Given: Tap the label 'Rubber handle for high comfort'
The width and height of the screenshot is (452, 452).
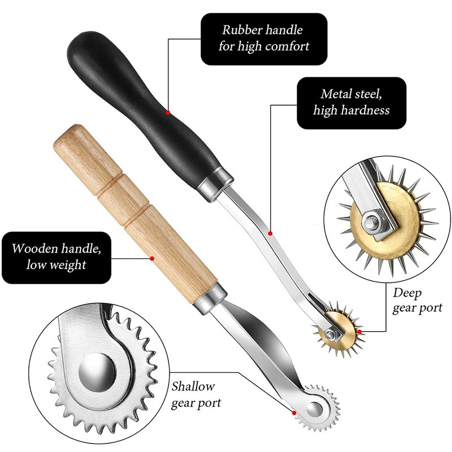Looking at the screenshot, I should click(x=264, y=38).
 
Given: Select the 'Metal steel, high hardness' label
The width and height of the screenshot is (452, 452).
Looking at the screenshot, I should click(x=351, y=102).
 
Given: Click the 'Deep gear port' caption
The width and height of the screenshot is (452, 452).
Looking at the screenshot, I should click(x=417, y=301).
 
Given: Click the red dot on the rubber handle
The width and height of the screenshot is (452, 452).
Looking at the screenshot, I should click(x=168, y=112).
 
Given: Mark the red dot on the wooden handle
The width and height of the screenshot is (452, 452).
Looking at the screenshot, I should click(x=152, y=259).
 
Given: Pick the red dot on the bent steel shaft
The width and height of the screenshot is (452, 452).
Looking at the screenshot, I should click(x=271, y=233).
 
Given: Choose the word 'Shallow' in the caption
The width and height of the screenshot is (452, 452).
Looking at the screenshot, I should click(x=193, y=387).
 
